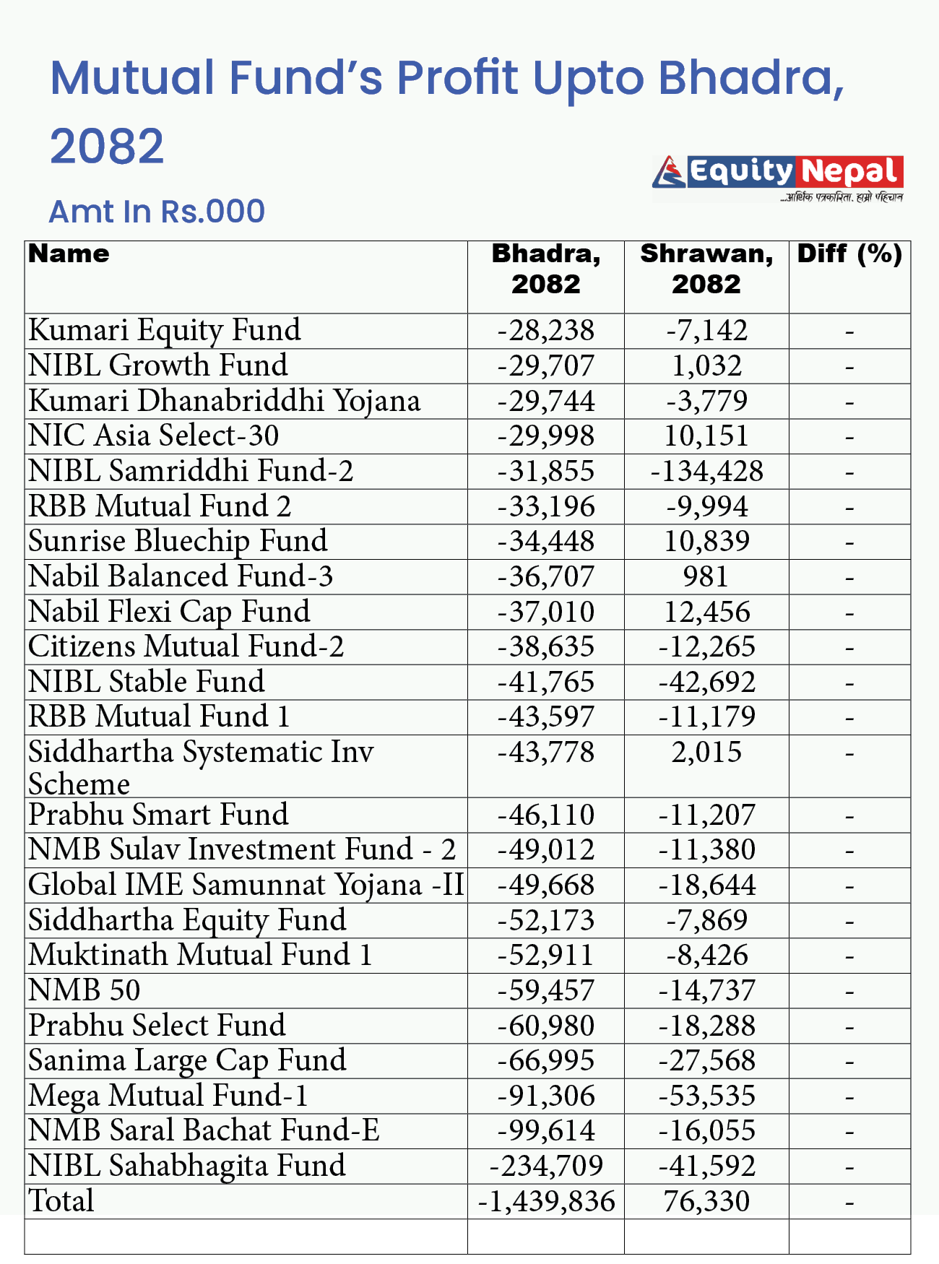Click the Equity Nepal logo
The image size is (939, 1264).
(x=777, y=178)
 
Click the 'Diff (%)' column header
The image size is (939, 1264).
(x=849, y=254)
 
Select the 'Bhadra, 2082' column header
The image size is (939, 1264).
(x=546, y=269)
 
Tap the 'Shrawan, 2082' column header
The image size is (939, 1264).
(x=706, y=269)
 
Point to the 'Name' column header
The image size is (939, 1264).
(x=69, y=254)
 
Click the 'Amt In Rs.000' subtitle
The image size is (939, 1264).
(x=157, y=212)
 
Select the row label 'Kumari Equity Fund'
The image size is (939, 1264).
(x=165, y=330)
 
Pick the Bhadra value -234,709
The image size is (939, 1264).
(x=546, y=1166)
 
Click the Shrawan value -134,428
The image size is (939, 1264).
(x=706, y=472)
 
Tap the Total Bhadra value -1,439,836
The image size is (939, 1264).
(x=546, y=1201)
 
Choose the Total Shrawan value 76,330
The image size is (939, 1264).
(x=706, y=1201)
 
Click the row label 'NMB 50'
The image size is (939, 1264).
(x=85, y=990)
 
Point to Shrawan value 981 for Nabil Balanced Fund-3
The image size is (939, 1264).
(x=706, y=577)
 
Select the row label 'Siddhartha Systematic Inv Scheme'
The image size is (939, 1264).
(x=201, y=767)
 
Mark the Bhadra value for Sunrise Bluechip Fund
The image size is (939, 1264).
(x=546, y=542)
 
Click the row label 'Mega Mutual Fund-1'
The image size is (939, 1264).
(x=168, y=1096)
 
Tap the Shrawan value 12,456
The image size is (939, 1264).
(x=706, y=612)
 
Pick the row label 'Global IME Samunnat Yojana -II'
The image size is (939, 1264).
(x=246, y=885)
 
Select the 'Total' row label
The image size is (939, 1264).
(x=61, y=1201)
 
